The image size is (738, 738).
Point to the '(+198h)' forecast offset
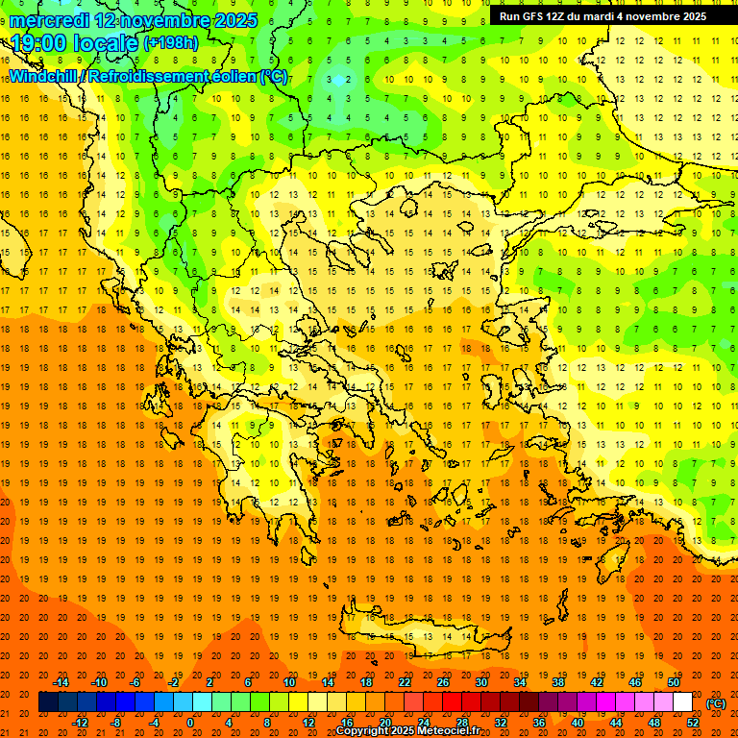172,43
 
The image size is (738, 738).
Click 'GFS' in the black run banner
534,16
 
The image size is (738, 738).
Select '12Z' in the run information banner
561,16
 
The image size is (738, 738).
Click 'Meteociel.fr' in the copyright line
447,731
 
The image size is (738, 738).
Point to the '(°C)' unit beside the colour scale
716,703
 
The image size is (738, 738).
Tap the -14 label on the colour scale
61,681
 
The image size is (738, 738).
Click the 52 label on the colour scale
693,723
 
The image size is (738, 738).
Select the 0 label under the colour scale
190,723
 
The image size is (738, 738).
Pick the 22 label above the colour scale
405,681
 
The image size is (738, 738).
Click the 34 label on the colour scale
519,681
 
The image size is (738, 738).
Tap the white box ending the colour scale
682,702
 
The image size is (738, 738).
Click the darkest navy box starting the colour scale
48,702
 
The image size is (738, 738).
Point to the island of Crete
423,634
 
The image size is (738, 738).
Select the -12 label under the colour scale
81,723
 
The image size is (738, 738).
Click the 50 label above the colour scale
673,681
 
